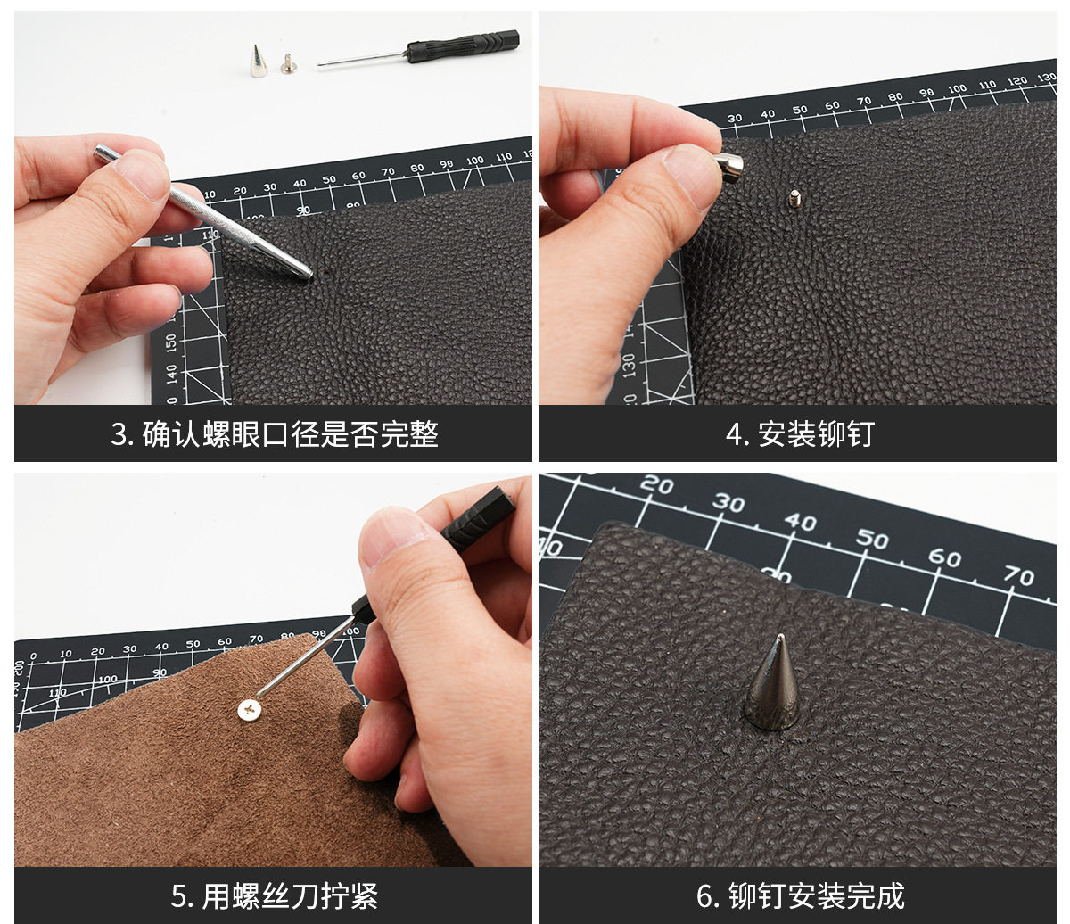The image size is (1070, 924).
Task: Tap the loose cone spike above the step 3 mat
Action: point(257,62)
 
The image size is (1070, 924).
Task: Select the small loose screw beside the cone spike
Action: point(286,63)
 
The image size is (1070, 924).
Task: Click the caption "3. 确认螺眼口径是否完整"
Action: point(275,434)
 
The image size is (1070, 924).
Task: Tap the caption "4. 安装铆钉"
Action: point(800,434)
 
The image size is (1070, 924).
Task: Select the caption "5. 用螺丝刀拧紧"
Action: point(275,896)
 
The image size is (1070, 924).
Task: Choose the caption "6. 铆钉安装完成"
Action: point(801,896)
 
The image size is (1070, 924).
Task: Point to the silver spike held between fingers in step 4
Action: point(730,167)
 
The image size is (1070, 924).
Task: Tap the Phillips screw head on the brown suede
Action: point(250,710)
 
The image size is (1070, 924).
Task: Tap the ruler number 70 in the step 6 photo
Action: point(1019,576)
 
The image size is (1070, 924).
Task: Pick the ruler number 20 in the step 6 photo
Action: point(656,485)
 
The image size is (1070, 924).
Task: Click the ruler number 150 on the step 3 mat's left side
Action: point(172,342)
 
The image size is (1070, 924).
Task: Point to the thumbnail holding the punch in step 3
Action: point(141,176)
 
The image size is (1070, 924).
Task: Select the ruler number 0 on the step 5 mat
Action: point(33,656)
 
